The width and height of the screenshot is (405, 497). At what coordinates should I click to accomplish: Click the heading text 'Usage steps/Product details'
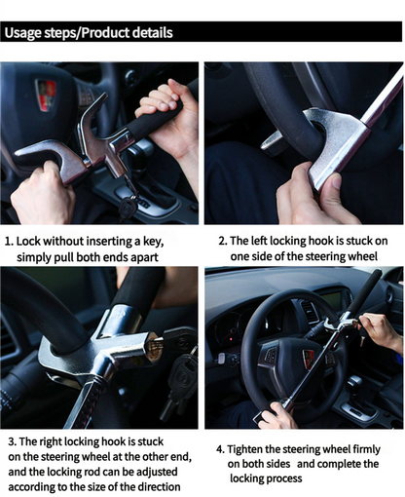pos(89,33)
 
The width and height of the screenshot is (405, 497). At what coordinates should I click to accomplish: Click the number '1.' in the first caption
pos(10,241)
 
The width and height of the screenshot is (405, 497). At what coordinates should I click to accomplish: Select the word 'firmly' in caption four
pos(374,449)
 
